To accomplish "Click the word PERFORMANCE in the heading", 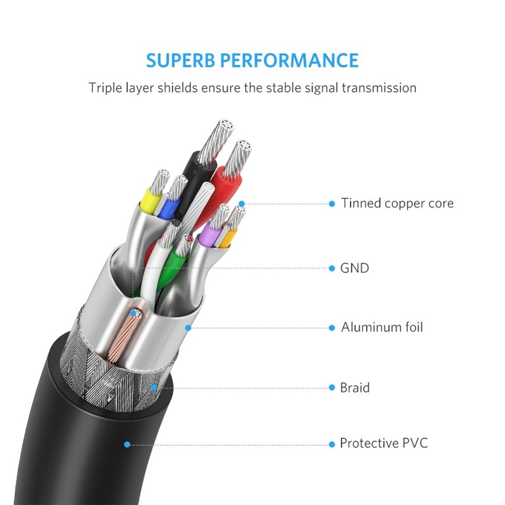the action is [289, 60].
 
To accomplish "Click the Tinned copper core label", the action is [397, 203].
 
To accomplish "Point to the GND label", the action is [355, 268].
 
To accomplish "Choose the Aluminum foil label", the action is [382, 327].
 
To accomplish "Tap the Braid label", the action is [355, 388].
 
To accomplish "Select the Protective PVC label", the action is [384, 443].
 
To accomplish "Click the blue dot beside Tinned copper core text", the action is [332, 204].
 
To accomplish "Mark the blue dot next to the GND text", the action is [332, 268].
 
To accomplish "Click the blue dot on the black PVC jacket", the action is [127, 444].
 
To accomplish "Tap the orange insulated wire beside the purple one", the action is [228, 238].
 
